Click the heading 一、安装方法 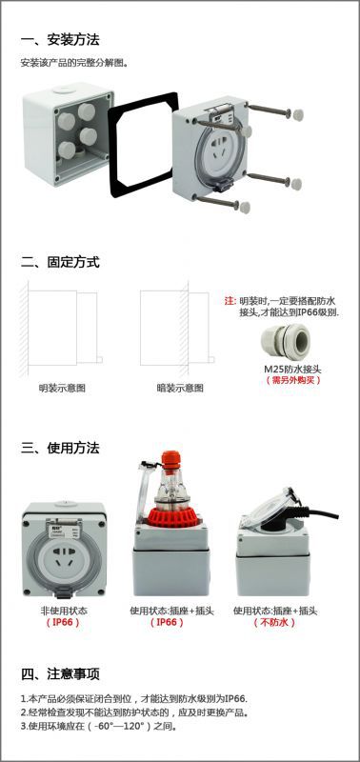point(60,39)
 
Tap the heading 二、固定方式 point(60,263)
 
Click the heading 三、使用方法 point(60,448)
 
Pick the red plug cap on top point(171,460)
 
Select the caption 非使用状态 point(64,611)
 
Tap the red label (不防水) point(274,623)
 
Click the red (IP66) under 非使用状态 point(63,623)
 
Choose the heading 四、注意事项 point(60,674)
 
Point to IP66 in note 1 point(235,699)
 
